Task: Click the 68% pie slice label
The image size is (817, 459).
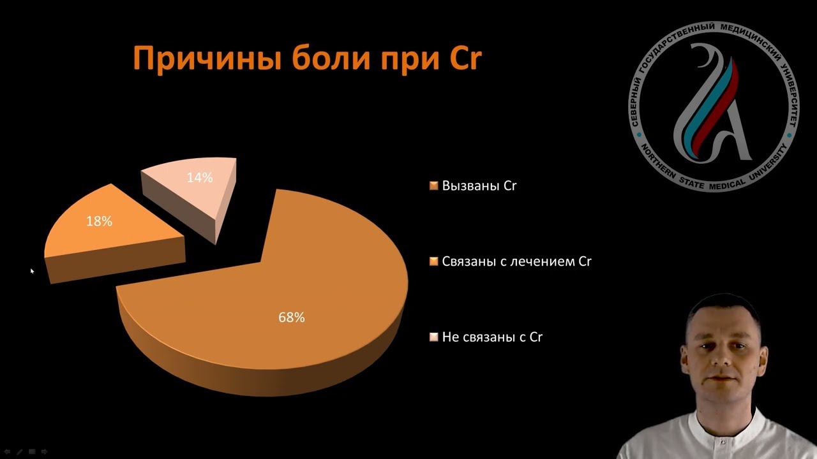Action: point(291,317)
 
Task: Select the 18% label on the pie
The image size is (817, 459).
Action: point(99,222)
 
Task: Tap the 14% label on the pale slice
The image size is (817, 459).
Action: point(200,178)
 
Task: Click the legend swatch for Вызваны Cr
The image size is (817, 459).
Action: point(434,186)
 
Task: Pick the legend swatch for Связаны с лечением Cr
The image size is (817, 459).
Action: point(434,261)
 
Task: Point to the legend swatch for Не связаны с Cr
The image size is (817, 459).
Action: point(434,337)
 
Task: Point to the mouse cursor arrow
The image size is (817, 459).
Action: point(32,271)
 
